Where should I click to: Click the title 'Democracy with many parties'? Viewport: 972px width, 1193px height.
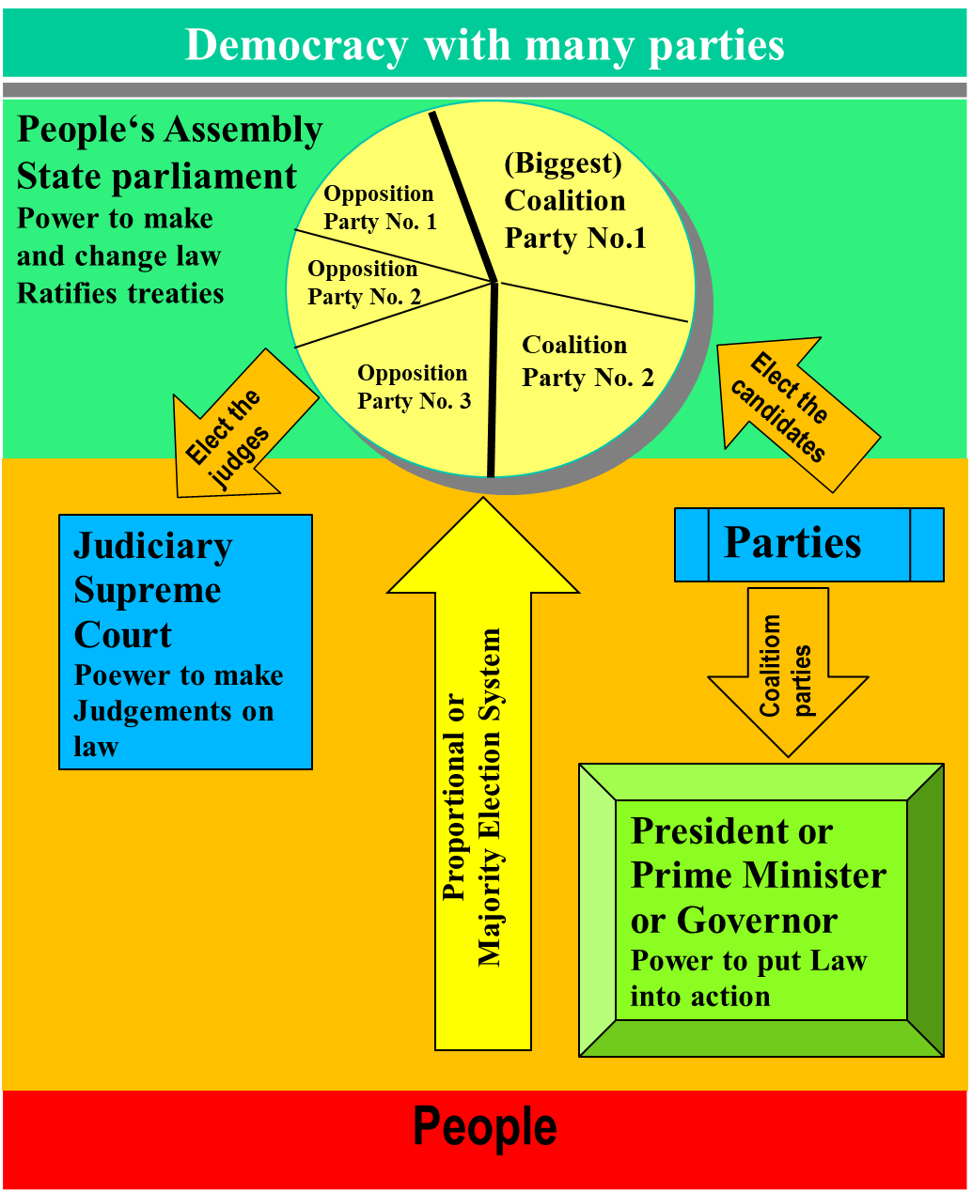[484, 45]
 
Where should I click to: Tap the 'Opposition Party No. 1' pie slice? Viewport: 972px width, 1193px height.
[380, 208]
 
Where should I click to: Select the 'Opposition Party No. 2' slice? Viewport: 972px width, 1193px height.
[363, 283]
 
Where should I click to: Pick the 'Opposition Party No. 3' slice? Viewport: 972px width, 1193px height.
[414, 387]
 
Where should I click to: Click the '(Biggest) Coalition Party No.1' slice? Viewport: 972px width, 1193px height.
[574, 201]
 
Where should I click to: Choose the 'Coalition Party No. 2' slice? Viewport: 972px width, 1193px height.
[588, 362]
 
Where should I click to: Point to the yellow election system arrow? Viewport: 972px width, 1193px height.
[483, 798]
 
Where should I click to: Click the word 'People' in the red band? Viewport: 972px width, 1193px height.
[484, 1127]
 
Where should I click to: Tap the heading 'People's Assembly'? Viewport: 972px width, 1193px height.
[170, 131]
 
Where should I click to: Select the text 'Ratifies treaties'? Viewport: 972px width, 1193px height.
[120, 294]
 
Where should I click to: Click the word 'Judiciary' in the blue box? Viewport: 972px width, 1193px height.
[152, 546]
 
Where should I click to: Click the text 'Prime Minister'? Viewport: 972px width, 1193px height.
[758, 875]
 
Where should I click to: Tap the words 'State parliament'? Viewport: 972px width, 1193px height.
[157, 177]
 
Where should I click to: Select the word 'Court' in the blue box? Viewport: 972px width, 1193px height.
[122, 635]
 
